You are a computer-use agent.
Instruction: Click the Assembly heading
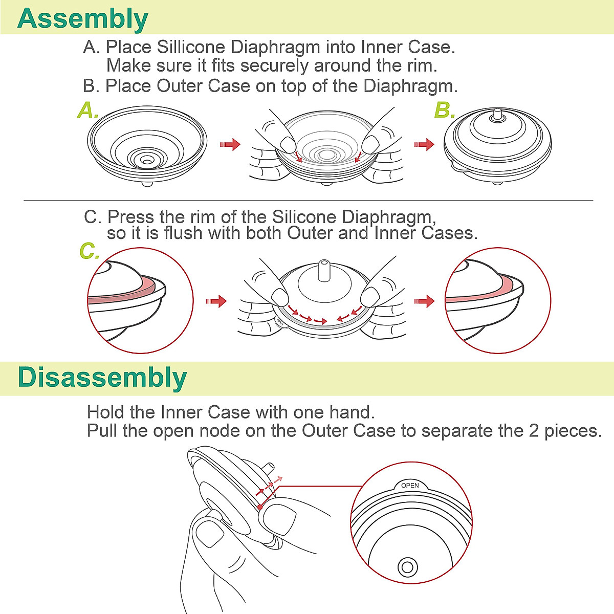[82, 18]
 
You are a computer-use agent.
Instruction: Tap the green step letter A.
[87, 111]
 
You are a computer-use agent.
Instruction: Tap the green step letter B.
[444, 111]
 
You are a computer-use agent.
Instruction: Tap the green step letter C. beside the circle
[89, 251]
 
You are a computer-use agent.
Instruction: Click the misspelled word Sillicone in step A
[191, 47]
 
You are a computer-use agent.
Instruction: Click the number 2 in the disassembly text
[534, 431]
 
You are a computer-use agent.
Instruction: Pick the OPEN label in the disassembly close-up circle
[410, 486]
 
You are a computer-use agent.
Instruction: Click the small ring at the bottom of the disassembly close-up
[408, 567]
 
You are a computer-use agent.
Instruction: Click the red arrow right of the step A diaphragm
[230, 145]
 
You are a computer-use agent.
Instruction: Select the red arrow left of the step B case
[424, 145]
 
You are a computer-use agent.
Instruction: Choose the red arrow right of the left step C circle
[216, 301]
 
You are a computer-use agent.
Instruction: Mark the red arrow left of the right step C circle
[424, 301]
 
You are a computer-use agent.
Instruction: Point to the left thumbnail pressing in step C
[280, 296]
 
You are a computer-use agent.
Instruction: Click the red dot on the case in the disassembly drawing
[260, 507]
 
